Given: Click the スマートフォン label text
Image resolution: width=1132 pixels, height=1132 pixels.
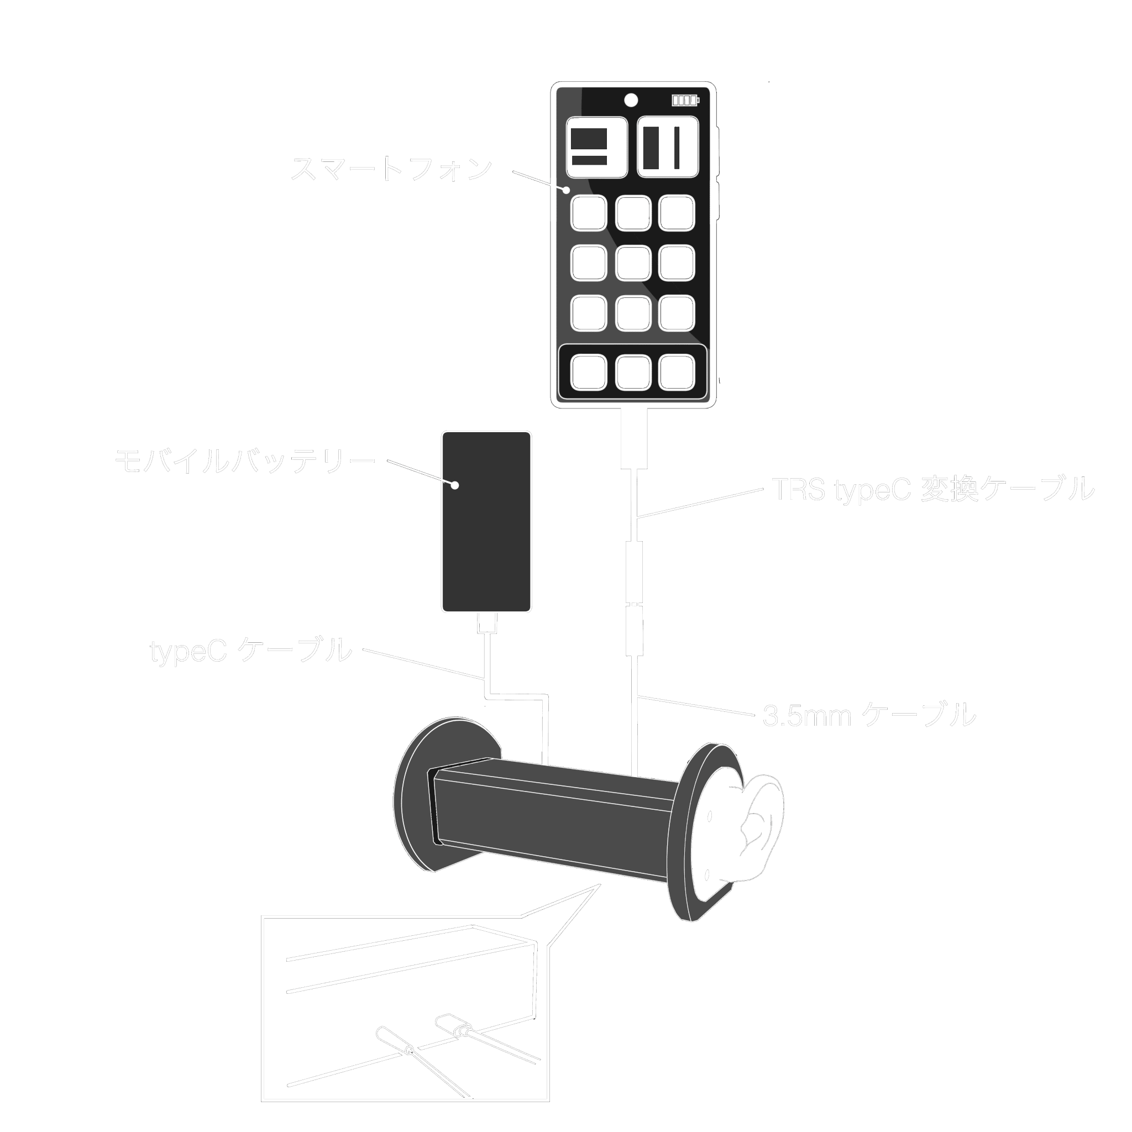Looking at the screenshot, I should pyautogui.click(x=391, y=169).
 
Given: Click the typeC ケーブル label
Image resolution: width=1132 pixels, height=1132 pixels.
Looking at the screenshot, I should pyautogui.click(x=251, y=651).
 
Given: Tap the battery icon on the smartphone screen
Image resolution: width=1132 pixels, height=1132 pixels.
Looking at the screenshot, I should pyautogui.click(x=685, y=100).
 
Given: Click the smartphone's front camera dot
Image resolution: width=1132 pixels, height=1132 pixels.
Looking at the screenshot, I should pyautogui.click(x=631, y=100).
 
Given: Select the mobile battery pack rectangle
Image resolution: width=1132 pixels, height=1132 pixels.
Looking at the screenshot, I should pyautogui.click(x=486, y=521).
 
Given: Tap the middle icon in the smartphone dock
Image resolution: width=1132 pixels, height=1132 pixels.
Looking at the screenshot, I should pyautogui.click(x=633, y=372).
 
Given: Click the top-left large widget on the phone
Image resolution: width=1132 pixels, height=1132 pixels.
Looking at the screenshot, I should pyautogui.click(x=596, y=147).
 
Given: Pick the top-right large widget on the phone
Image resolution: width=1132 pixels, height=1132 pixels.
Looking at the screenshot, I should pyautogui.click(x=668, y=147).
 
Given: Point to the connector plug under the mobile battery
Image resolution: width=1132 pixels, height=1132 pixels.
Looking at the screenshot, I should pyautogui.click(x=487, y=623).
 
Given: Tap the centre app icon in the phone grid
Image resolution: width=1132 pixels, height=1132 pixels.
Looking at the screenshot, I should pyautogui.click(x=633, y=263).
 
